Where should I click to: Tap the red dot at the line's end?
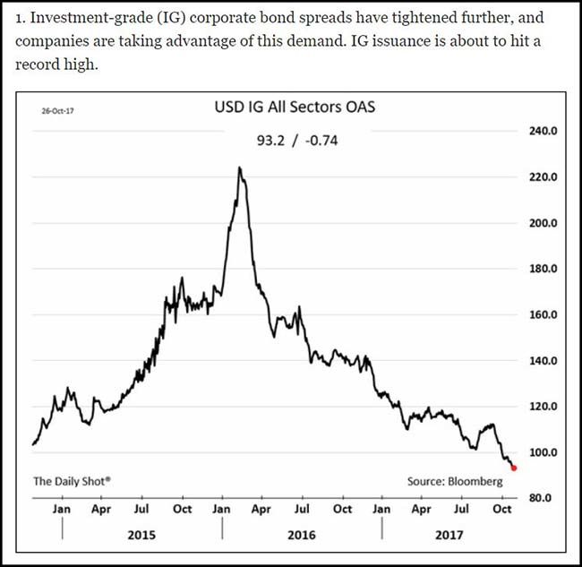(513, 468)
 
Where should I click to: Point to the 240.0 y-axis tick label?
(543, 131)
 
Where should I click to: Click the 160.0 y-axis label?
(543, 314)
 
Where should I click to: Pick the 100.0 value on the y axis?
(543, 452)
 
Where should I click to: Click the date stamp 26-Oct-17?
(58, 112)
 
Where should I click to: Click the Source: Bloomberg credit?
(455, 481)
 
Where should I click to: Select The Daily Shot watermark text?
(72, 481)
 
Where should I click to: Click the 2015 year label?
(141, 535)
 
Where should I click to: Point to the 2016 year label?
(302, 535)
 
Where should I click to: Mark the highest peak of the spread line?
(240, 168)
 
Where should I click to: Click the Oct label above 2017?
(502, 509)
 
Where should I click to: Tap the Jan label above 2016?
(222, 509)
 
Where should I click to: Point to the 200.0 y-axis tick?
(543, 223)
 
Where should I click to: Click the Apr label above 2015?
(101, 509)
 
